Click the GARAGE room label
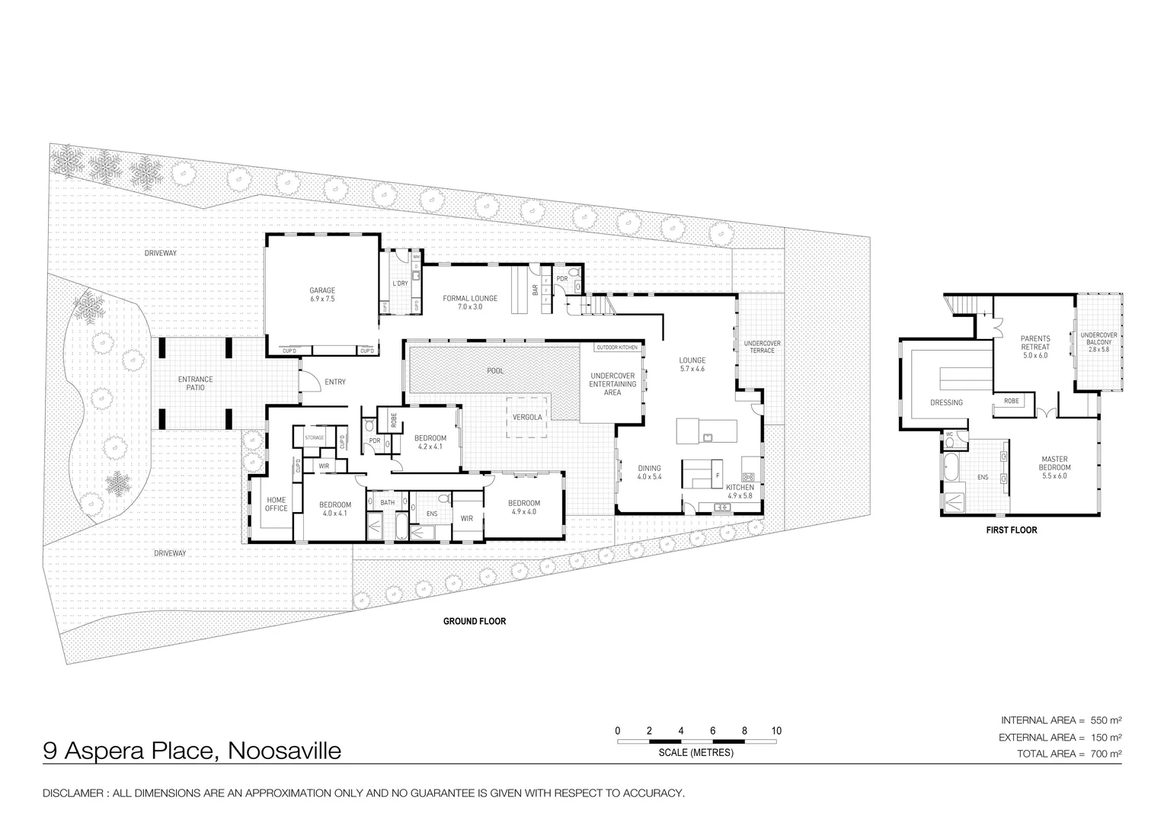[321, 294]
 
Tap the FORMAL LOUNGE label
[470, 302]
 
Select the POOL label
[495, 370]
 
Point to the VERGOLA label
[527, 417]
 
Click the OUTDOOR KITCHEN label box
[617, 347]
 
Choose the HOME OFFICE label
[276, 504]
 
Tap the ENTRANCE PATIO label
[196, 383]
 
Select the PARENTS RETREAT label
[1035, 347]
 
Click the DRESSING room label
[946, 402]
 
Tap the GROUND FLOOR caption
[475, 621]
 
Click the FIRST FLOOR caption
[1012, 530]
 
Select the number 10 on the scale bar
[775, 731]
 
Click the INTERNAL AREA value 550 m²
[1106, 720]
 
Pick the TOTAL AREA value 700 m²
[1106, 754]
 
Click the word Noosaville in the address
[284, 751]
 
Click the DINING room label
[649, 472]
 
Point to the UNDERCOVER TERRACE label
[762, 347]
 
